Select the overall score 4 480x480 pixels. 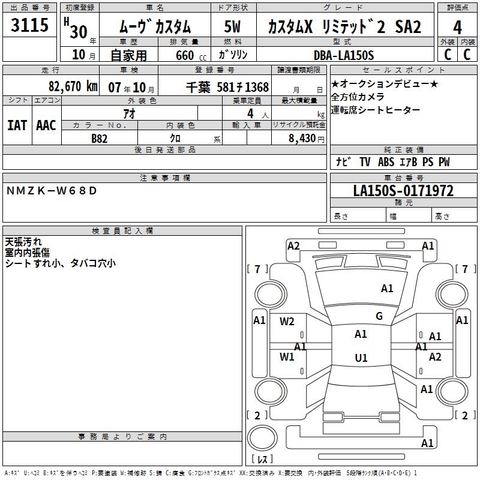(x=457, y=27)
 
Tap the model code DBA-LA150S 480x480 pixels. (x=344, y=55)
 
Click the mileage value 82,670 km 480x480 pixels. (x=73, y=86)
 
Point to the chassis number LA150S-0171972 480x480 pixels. (x=403, y=191)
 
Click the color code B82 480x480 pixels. (x=100, y=138)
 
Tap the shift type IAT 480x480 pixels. (x=17, y=125)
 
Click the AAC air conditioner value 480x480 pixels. (x=46, y=125)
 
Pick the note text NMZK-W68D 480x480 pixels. (x=51, y=191)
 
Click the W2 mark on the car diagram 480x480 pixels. (x=287, y=321)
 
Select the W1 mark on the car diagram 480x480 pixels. (x=287, y=357)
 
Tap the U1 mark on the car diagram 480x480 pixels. (x=361, y=358)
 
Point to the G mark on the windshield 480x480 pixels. (x=379, y=316)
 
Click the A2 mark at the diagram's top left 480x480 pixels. (x=293, y=245)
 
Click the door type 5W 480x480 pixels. (x=232, y=27)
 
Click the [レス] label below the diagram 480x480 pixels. (x=262, y=460)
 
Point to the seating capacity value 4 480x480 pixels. (x=250, y=113)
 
